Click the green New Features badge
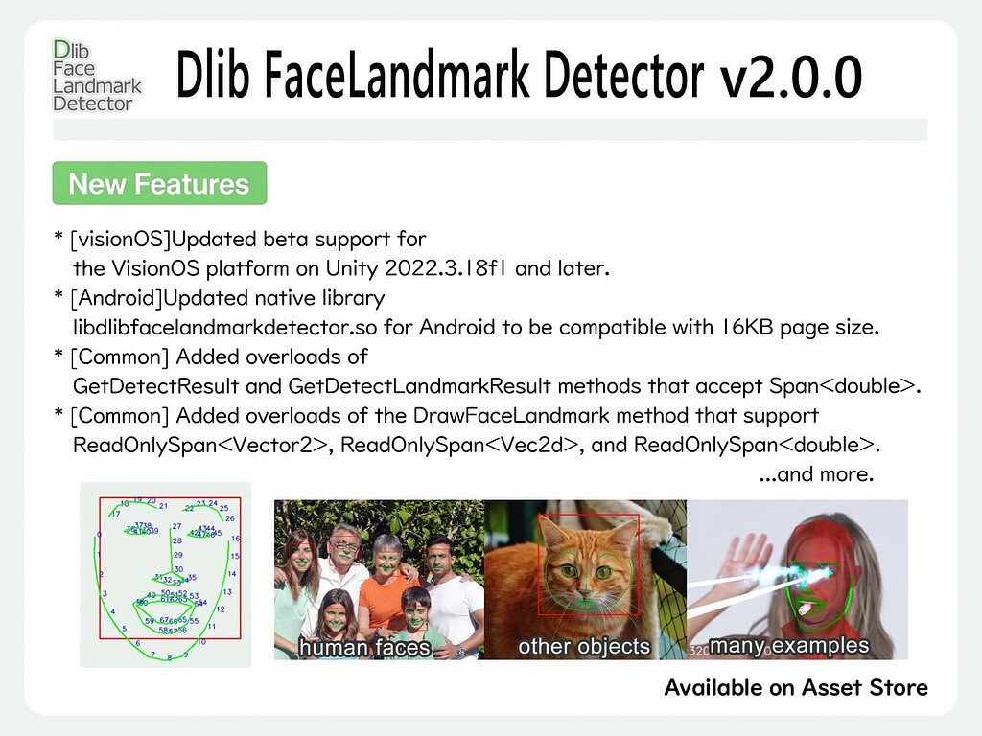coord(159,184)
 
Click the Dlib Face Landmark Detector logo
coord(96,77)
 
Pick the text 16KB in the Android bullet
coord(741,328)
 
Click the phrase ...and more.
coord(816,474)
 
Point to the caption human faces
coord(363,648)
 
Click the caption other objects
coord(583,646)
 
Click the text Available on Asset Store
coord(796,687)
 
